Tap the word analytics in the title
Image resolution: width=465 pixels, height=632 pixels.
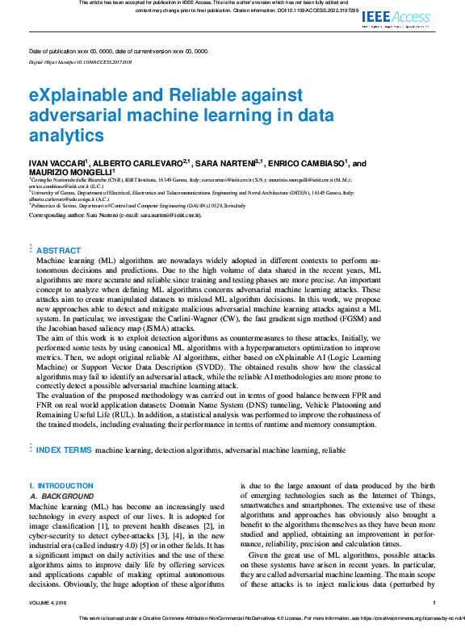(67, 135)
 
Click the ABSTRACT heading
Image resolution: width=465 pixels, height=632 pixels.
(59, 251)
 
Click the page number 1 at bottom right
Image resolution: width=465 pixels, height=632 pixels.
(434, 603)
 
